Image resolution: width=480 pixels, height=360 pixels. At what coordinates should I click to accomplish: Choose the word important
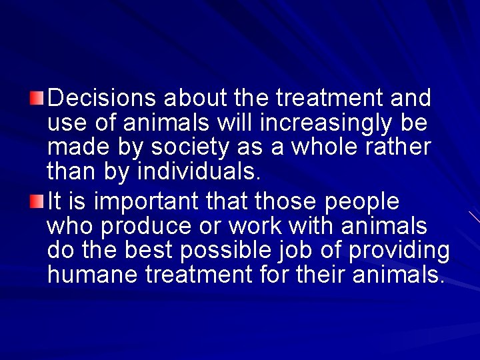coord(137,201)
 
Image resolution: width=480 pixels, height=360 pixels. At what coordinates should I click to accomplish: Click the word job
coord(311,251)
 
